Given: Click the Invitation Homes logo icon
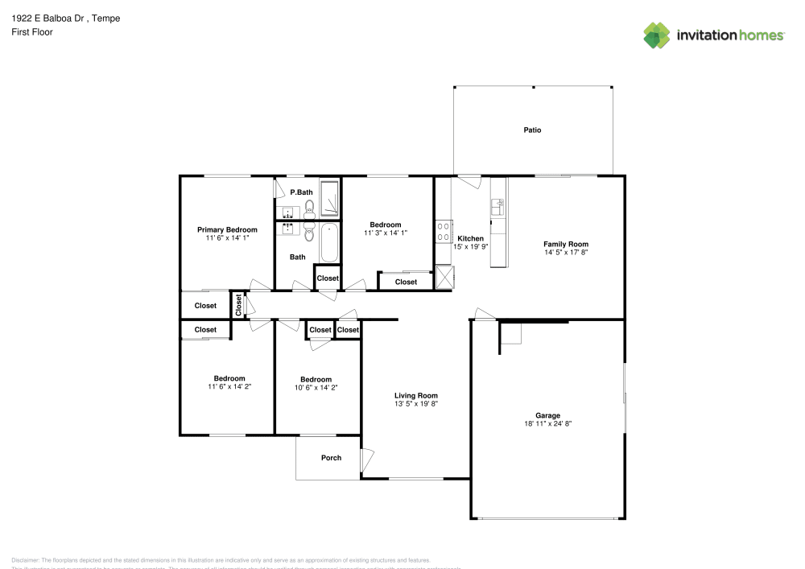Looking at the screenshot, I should (x=657, y=35).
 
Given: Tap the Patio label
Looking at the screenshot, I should (x=532, y=130).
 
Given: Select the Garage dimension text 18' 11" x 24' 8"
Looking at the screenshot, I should (x=547, y=423).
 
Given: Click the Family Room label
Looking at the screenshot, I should (x=565, y=244).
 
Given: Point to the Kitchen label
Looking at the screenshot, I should (x=470, y=238).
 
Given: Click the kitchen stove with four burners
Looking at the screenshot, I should (x=443, y=232).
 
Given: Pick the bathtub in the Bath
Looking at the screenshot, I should (x=329, y=243).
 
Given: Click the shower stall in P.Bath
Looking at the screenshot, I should (x=330, y=200).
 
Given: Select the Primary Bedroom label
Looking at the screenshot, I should (x=227, y=229).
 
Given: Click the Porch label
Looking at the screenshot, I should (x=331, y=458).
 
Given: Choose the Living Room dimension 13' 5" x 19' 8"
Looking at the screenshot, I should (x=415, y=403).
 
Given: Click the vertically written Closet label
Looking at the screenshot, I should (x=239, y=305).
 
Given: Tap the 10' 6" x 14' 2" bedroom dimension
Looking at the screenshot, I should (x=316, y=387).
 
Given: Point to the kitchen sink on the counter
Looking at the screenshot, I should (x=497, y=208).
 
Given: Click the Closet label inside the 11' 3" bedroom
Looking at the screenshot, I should (x=406, y=282).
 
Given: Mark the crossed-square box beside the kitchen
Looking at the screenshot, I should (x=444, y=277).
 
